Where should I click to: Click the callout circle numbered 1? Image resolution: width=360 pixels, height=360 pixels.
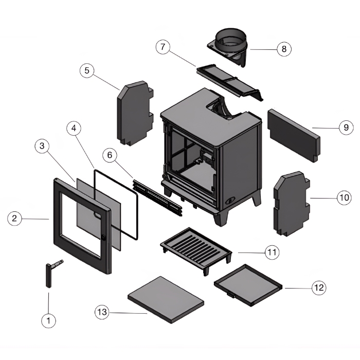pos(48,320)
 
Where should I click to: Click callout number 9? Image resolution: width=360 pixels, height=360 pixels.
pos(346,127)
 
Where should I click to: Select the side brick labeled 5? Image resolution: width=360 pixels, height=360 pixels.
pos(134,113)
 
